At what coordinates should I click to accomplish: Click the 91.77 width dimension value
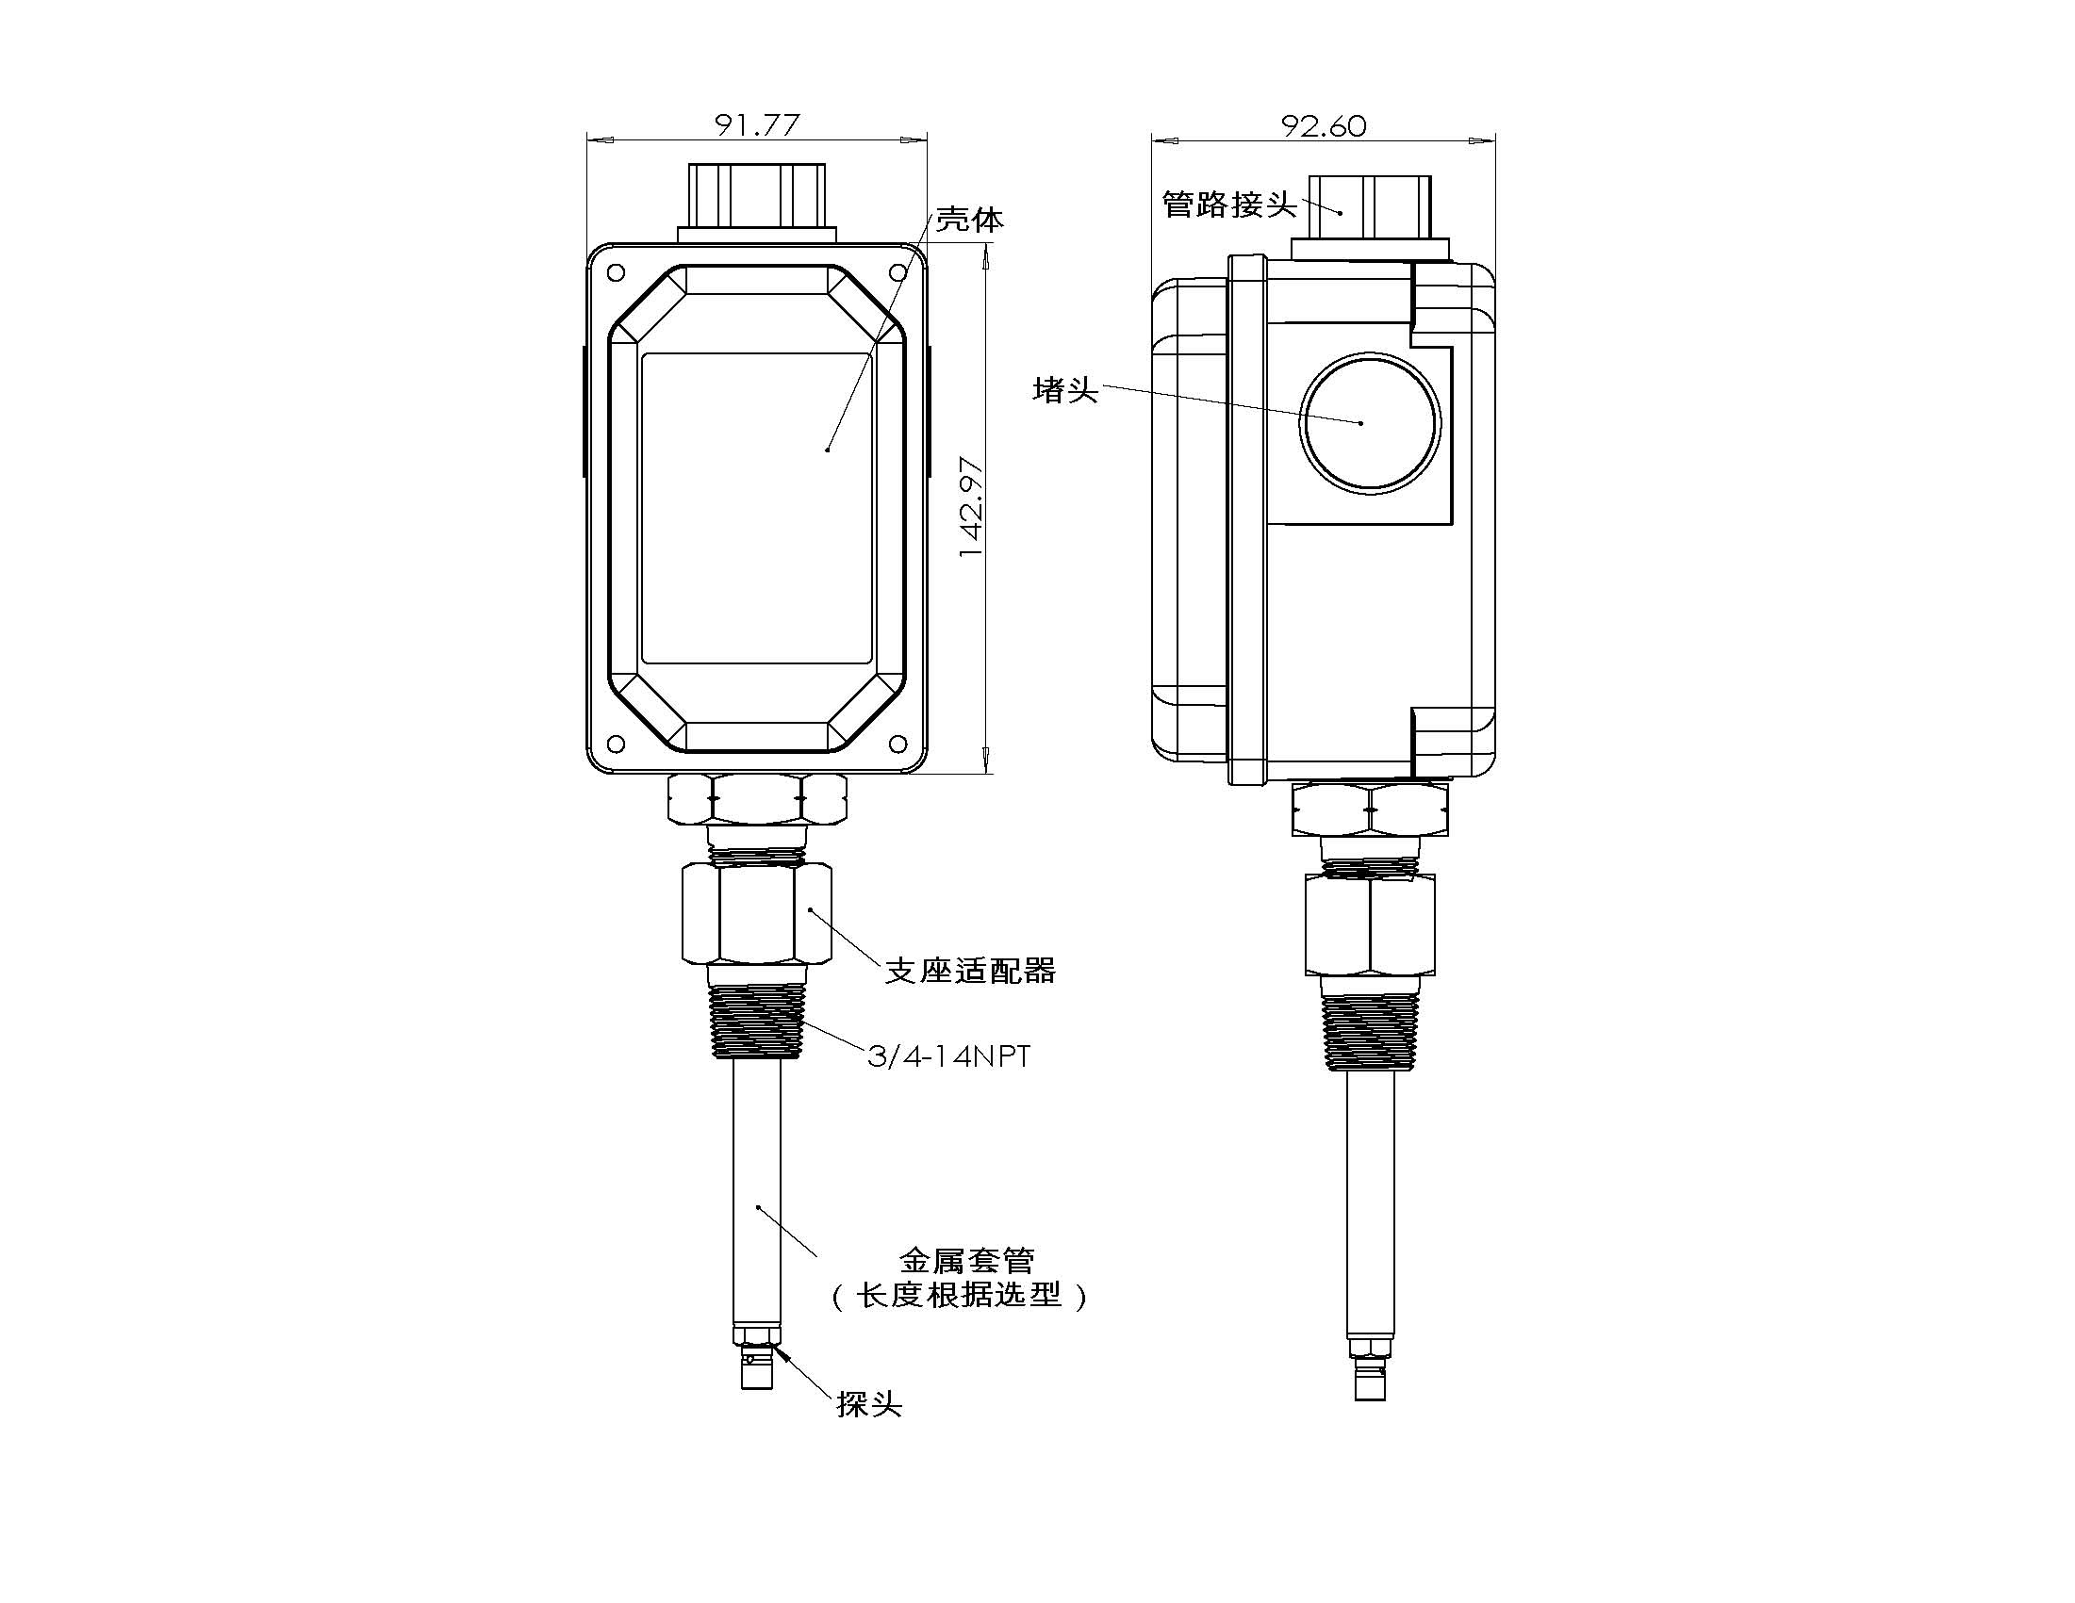pos(757,124)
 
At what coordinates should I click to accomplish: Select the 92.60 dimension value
pos(1324,125)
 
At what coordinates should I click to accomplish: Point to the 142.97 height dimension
pos(971,506)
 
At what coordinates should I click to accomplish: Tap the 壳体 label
pos(969,221)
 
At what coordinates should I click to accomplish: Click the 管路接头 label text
pos(1229,204)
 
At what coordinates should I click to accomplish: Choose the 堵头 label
pos(1065,390)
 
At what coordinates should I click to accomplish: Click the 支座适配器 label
pos(970,971)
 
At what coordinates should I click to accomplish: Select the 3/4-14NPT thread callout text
pos(948,1056)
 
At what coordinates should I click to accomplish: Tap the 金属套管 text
pos(966,1260)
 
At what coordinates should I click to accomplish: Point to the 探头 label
pos(868,1404)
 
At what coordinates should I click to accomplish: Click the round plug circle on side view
pos(1369,421)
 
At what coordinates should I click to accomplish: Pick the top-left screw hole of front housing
pos(616,272)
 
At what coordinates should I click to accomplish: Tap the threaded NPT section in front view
pos(756,1022)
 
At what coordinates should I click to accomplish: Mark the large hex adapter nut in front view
pos(756,912)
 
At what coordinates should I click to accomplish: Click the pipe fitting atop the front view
pos(756,197)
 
